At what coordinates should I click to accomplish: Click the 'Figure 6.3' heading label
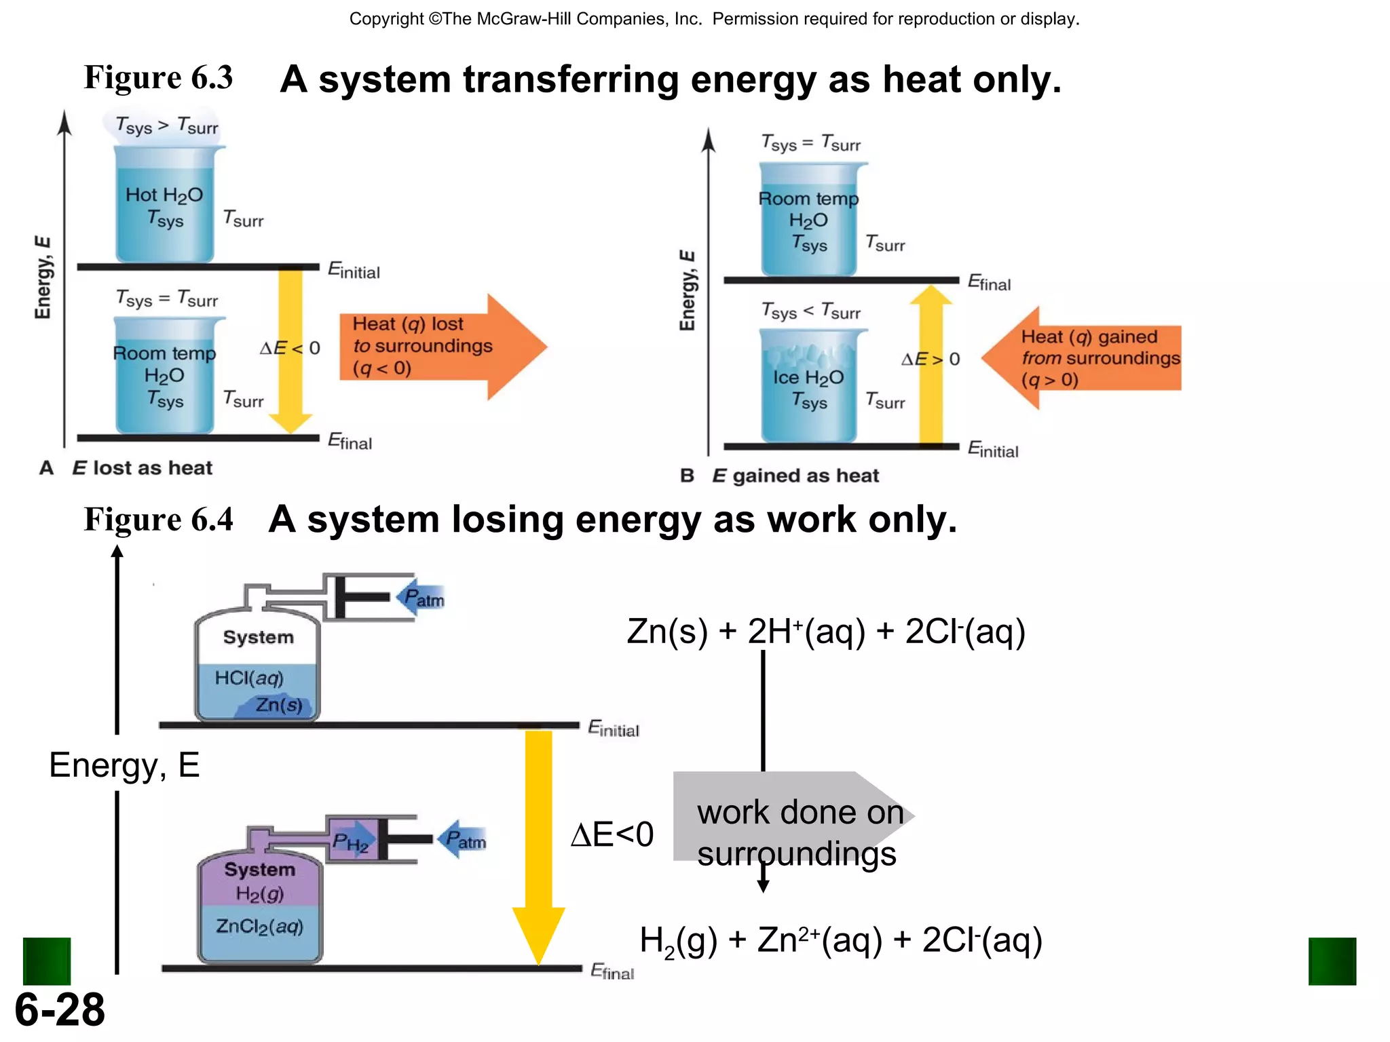pyautogui.click(x=158, y=77)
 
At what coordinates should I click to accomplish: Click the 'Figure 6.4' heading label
pyautogui.click(x=158, y=520)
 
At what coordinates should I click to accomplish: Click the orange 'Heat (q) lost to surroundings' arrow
pyautogui.click(x=441, y=347)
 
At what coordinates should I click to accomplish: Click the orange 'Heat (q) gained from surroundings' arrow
pyautogui.click(x=1086, y=358)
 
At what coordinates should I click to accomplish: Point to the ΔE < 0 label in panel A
pyautogui.click(x=290, y=348)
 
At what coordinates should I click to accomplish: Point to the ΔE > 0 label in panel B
pyautogui.click(x=931, y=359)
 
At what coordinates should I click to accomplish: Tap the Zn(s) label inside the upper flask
pyautogui.click(x=278, y=706)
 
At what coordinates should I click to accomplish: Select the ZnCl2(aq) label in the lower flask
pyautogui.click(x=259, y=927)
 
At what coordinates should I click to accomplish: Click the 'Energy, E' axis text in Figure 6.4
pyautogui.click(x=124, y=765)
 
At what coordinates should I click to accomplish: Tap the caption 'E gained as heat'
pyautogui.click(x=795, y=476)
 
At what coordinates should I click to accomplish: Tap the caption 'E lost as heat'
pyautogui.click(x=142, y=468)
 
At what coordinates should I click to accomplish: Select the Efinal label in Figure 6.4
pyautogui.click(x=612, y=972)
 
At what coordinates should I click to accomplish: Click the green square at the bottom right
pyautogui.click(x=1332, y=961)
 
